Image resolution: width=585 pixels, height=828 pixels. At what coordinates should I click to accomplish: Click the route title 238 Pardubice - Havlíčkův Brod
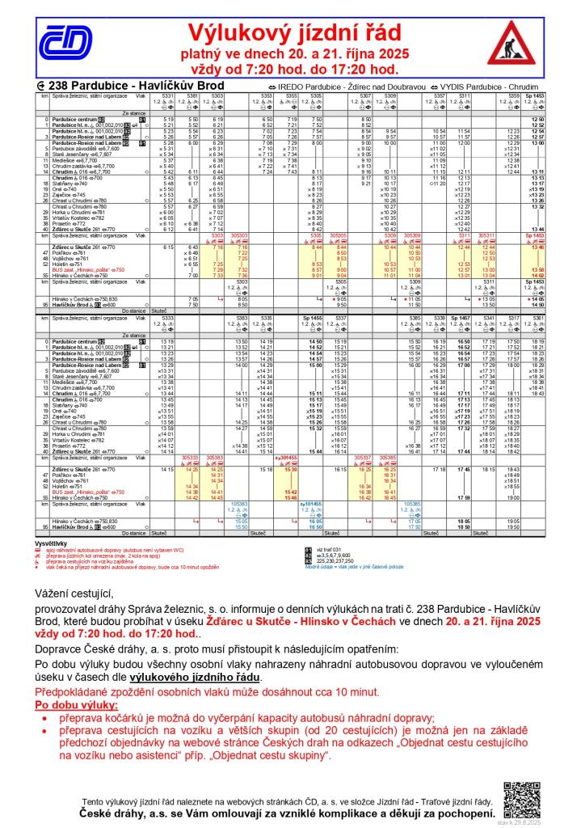pyautogui.click(x=109, y=86)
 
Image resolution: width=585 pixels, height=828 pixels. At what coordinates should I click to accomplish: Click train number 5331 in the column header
pyautogui.click(x=168, y=95)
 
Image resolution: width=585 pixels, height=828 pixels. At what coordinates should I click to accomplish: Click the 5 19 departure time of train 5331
pyautogui.click(x=168, y=120)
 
